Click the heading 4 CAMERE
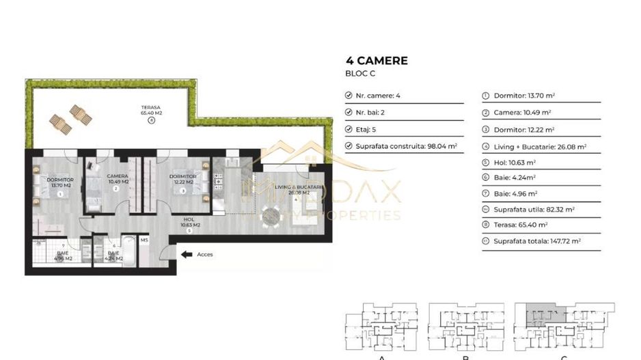(x=377, y=60)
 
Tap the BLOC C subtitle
(x=361, y=73)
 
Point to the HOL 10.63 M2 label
(x=190, y=223)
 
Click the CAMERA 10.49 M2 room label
(x=118, y=179)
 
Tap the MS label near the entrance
(x=144, y=240)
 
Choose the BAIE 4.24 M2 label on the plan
(x=114, y=256)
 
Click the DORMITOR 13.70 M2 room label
(x=60, y=182)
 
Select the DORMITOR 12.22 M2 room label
(x=183, y=179)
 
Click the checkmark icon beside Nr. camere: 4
(x=349, y=96)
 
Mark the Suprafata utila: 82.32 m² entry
(x=534, y=209)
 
